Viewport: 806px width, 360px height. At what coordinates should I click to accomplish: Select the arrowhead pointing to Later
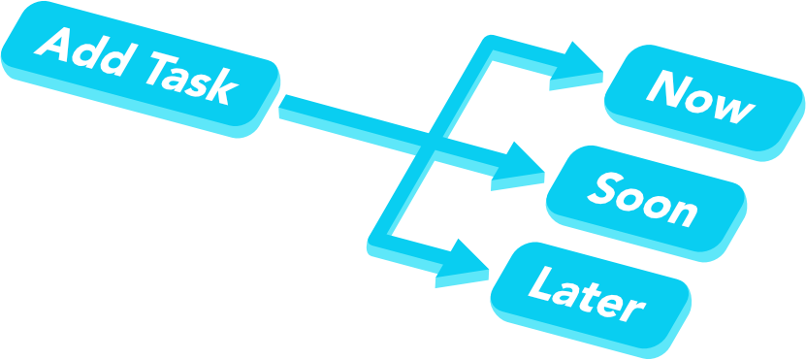[x=462, y=260]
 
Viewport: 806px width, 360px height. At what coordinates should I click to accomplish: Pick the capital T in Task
[x=155, y=68]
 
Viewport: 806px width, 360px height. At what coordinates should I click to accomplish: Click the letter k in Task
[x=223, y=88]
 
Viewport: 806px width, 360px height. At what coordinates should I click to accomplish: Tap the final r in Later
[x=634, y=308]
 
